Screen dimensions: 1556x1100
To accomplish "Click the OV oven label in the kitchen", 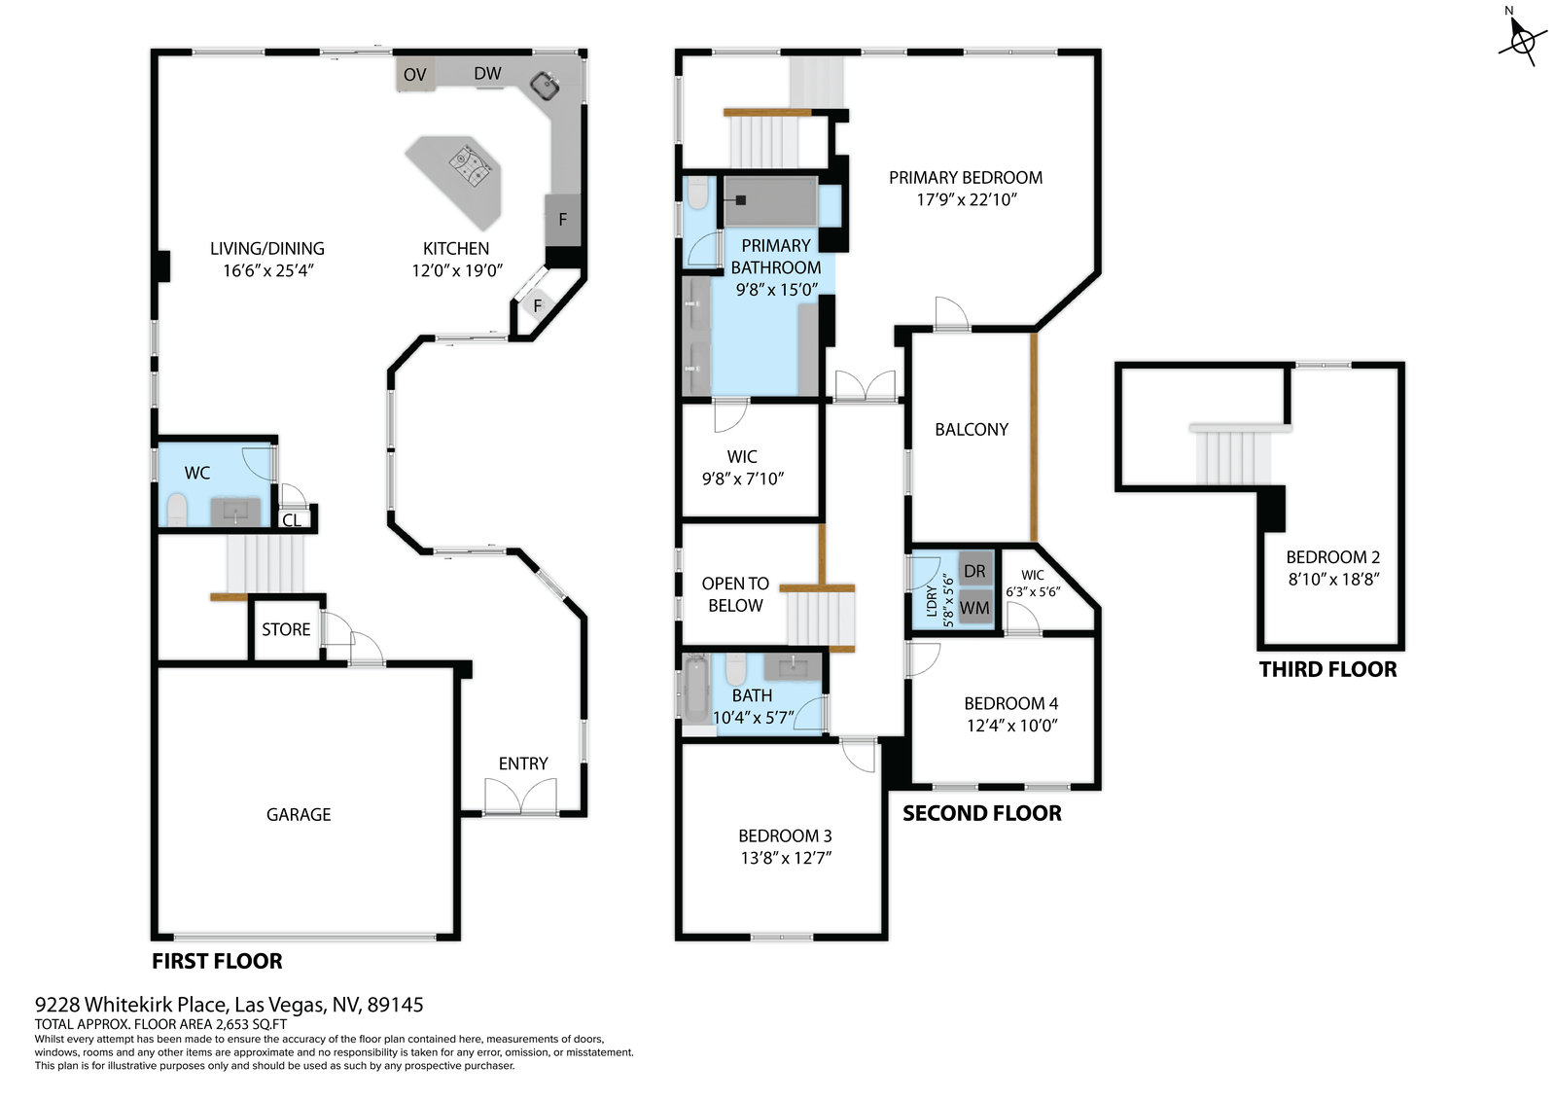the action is tap(414, 74).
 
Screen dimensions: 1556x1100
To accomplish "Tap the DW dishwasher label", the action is tap(487, 73).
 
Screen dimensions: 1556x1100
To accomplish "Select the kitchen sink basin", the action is tap(546, 87).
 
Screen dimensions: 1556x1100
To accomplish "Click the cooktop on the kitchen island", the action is tap(474, 167).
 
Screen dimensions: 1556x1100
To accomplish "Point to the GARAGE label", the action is tap(299, 814).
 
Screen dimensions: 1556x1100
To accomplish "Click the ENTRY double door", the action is tap(521, 797).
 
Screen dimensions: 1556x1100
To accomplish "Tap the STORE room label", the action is tap(286, 629).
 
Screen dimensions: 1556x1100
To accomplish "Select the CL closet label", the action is tap(292, 519).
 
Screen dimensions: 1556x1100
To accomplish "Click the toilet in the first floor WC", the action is tap(177, 510).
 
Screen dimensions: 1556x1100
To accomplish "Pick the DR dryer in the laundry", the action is tap(974, 571).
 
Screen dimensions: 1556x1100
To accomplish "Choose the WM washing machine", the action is tap(974, 608).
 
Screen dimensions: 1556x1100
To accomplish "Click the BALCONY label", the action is tap(972, 430).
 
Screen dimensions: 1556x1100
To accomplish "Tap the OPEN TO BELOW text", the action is tap(735, 594).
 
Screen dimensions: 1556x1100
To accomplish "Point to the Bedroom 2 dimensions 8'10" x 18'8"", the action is tap(1333, 580).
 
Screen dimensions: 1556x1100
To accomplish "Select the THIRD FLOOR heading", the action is tap(1327, 669).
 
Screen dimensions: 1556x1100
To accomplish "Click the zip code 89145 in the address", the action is tap(395, 1005).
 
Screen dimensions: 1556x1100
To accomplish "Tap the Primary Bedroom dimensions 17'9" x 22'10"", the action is tap(967, 199).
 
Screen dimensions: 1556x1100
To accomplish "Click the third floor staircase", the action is tap(1234, 455).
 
